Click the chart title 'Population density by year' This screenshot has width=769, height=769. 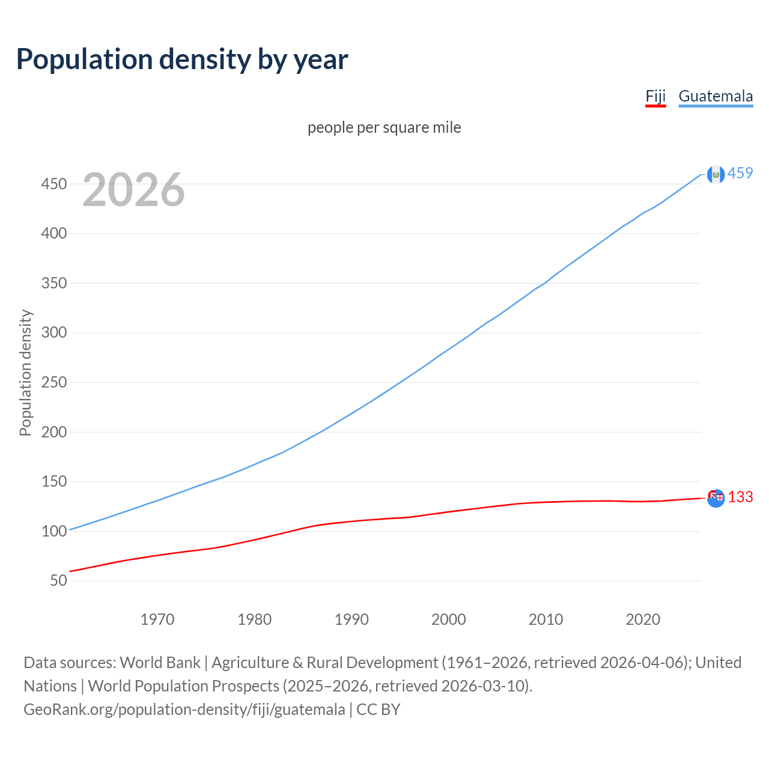pos(182,59)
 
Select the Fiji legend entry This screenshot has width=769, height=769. pos(655,96)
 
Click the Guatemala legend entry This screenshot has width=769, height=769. pos(716,96)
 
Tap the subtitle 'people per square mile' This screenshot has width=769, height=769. pos(384,127)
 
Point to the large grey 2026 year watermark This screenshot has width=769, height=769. pos(133,190)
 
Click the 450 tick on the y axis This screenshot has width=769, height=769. pos(54,184)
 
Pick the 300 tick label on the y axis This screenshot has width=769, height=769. pos(54,333)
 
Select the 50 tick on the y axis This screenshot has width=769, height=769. pos(58,581)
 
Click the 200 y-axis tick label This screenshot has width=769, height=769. pos(54,432)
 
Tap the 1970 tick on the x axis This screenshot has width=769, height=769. pos(157,619)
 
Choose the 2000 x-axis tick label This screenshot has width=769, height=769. pos(449,619)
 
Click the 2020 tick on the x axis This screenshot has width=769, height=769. pos(643,619)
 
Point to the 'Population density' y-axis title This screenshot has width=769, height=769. pos(25,372)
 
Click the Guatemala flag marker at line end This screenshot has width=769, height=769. pos(716,174)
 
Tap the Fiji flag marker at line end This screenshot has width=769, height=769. pos(716,498)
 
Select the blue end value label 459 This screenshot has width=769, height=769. pos(740,174)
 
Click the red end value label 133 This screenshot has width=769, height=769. pos(740,497)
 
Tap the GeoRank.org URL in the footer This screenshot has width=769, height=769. pos(184,710)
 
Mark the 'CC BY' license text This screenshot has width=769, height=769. pos(378,710)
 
